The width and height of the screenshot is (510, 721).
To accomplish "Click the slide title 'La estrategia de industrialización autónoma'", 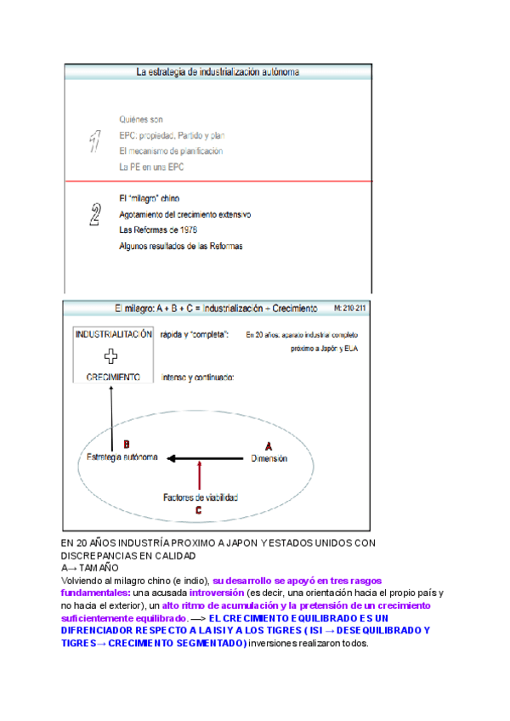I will [x=218, y=72].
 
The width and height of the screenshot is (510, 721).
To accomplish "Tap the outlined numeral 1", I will [x=96, y=141].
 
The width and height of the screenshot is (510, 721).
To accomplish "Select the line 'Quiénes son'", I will [x=141, y=119].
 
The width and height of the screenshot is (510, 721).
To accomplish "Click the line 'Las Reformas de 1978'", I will [x=158, y=230].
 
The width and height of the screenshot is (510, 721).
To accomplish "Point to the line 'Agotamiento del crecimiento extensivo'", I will [x=185, y=214].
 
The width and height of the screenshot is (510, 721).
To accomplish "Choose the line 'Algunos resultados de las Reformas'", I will [x=181, y=247].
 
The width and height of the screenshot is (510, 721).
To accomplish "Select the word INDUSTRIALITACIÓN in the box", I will [x=114, y=334].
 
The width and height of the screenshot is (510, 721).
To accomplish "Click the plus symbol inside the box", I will [x=110, y=356].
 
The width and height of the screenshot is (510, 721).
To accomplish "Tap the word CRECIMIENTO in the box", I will [x=112, y=377].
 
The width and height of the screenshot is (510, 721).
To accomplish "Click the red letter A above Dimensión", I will [x=269, y=445].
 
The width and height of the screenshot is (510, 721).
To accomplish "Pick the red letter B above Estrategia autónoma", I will [x=127, y=444].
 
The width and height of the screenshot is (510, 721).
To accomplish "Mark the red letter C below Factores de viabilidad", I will [x=198, y=510].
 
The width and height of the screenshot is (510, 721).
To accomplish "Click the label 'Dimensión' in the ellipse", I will [x=269, y=459].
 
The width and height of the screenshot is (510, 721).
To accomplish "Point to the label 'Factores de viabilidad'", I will [x=201, y=497].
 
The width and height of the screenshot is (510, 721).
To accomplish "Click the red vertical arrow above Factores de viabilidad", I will [x=198, y=475].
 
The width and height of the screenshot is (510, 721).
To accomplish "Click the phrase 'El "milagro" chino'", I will [x=144, y=198].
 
